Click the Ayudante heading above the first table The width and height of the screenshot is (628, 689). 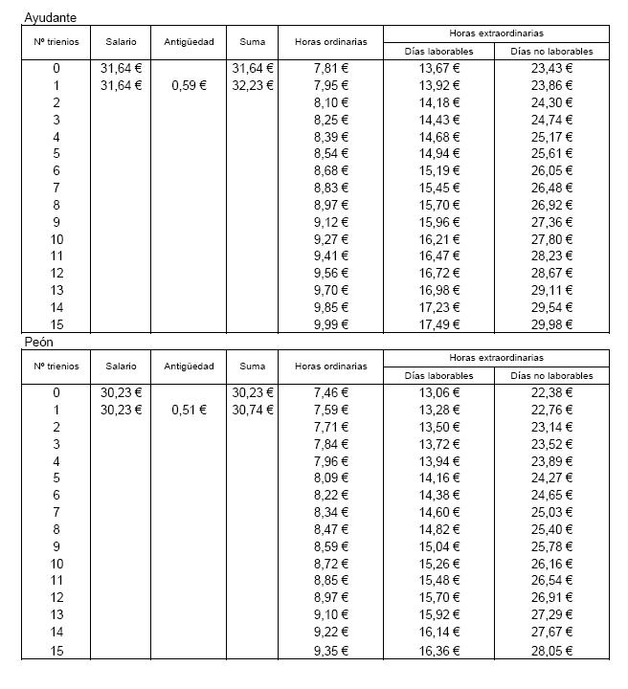coord(51,17)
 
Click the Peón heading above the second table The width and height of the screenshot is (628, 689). coord(40,342)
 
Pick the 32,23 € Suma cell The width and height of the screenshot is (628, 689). coord(253,85)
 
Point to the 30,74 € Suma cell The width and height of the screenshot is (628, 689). coord(253,410)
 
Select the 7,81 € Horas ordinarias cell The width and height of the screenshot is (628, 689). coord(330,68)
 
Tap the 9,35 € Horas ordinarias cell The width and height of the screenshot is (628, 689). coord(330,652)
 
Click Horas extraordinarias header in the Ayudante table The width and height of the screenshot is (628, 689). coord(496,33)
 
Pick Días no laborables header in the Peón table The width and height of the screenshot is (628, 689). coord(551,376)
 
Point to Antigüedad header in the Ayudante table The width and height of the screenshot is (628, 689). coord(189,42)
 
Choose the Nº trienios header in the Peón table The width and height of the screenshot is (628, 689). coord(56,367)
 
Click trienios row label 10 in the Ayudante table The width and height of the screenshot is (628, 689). coord(56,239)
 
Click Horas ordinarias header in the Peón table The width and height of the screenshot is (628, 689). coord(330,367)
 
